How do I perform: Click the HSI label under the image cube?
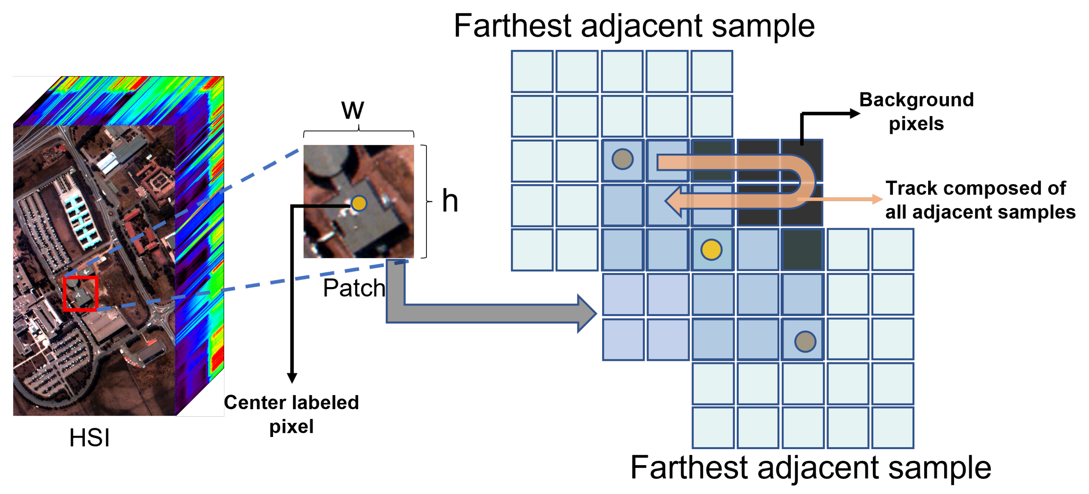point(89,438)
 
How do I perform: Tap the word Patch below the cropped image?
point(354,288)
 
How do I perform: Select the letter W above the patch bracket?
point(353,111)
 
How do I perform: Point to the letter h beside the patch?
point(450,201)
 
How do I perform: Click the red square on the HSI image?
point(81,294)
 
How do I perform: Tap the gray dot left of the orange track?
point(622,159)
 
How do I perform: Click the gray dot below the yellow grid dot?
point(805,342)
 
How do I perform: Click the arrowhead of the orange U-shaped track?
point(674,202)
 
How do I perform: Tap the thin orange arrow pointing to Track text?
point(877,199)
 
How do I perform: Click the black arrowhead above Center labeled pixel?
point(292,377)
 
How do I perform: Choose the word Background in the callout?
point(916,100)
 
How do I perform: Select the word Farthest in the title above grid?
point(512,26)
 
